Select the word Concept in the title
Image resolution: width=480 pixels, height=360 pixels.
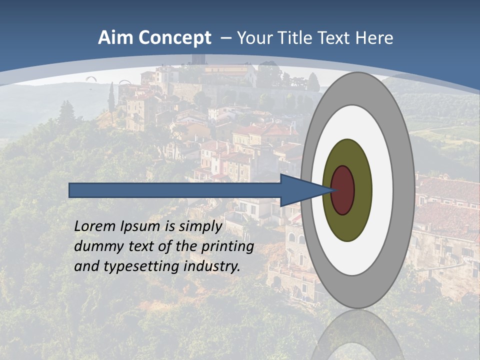(x=175, y=38)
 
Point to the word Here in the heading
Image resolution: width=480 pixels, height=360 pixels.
(x=374, y=37)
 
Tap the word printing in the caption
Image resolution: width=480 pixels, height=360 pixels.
(x=227, y=246)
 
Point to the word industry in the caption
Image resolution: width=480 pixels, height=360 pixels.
(x=212, y=266)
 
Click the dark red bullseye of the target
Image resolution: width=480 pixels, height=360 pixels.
(x=343, y=190)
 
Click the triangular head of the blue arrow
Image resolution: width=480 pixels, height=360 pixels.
(x=300, y=190)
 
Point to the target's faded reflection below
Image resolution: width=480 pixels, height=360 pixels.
(x=357, y=335)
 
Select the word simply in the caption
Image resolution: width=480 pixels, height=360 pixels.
(x=200, y=226)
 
